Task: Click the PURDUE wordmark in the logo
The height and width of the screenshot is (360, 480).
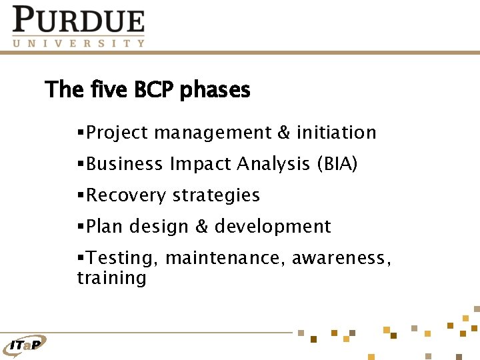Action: [79, 20]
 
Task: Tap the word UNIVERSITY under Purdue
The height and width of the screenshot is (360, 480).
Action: [79, 43]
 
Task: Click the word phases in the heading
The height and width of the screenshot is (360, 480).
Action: [215, 90]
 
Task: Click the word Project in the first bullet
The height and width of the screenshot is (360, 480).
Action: [117, 133]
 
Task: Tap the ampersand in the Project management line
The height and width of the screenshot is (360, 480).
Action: [284, 133]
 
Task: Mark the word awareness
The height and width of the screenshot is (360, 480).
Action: [342, 258]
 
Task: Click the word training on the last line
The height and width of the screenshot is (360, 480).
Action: [111, 277]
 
